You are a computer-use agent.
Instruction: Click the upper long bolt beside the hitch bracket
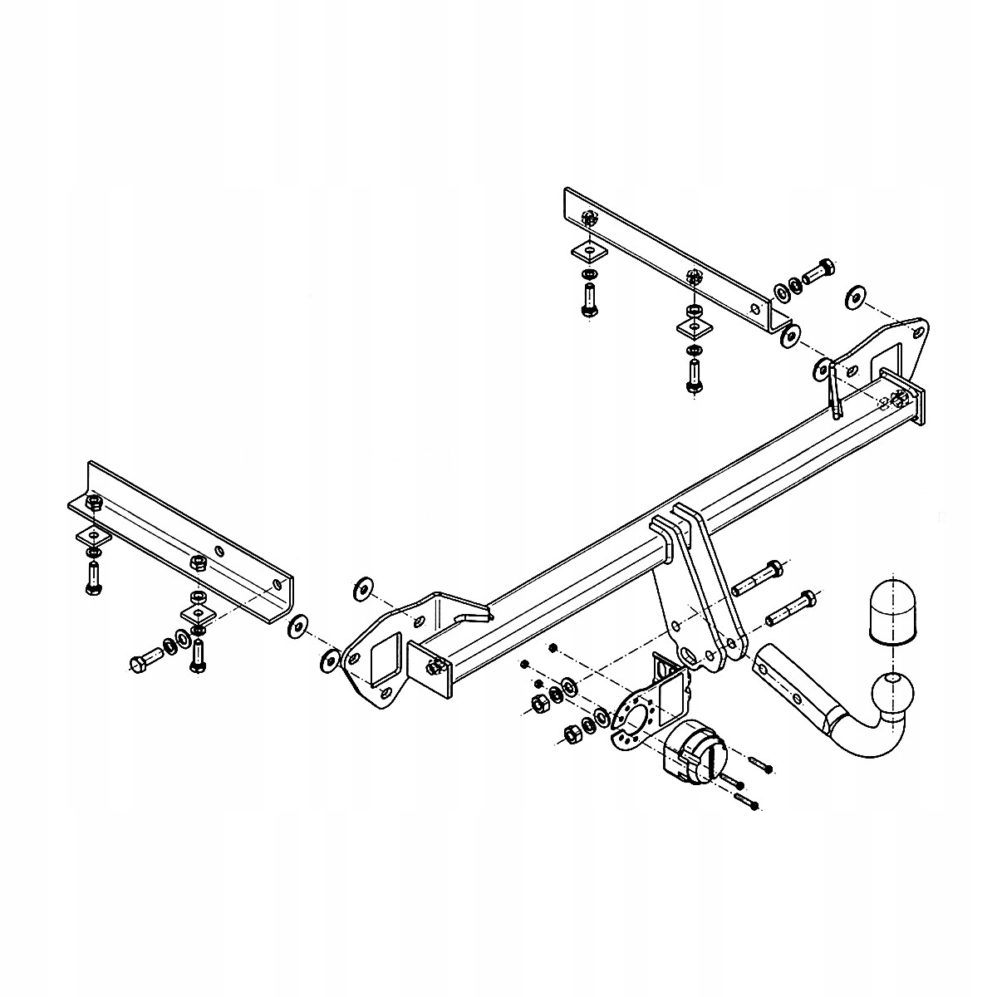click(756, 577)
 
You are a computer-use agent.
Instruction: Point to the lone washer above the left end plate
click(363, 587)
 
